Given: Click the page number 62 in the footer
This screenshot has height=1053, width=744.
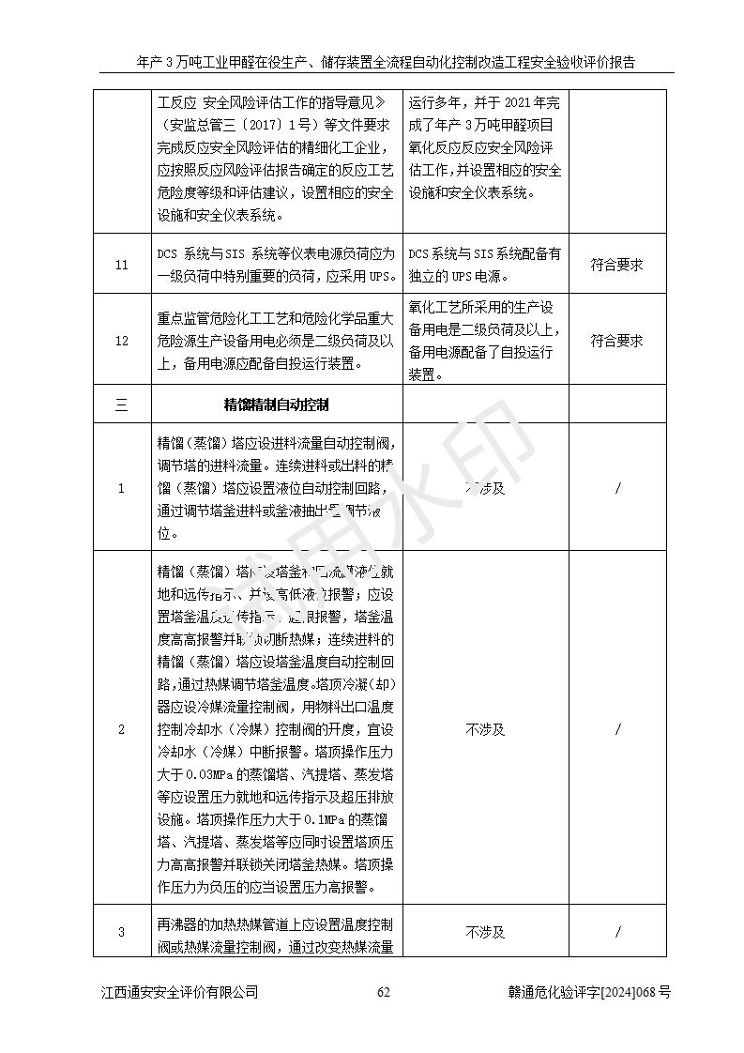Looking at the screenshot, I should pos(383,992).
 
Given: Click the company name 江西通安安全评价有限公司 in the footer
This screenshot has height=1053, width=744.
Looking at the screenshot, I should pos(179,992).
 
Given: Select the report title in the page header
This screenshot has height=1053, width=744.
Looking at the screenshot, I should pos(386,63).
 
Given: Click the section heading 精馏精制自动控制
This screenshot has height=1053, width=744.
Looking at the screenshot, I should pos(276,404).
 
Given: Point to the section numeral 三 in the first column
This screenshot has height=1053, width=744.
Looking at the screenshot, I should pos(121,405).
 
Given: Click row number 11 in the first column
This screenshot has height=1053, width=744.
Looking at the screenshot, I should pos(121,266).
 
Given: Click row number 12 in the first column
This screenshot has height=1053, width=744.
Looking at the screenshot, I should pos(121,341).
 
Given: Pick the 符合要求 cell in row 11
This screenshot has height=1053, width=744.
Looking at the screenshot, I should pos(616,266).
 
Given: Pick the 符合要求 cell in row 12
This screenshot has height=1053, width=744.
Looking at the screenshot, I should pos(616,341).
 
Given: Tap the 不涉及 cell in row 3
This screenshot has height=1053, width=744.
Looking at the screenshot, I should pos(485,932).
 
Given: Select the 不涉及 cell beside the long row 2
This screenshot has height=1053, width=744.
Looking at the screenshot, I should pos(485,729).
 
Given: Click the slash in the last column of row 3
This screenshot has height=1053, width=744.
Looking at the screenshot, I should pos(617,932).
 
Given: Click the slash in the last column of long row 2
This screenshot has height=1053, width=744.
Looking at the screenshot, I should pos(617,729).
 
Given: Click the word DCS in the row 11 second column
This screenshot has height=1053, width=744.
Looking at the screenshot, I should pos(169,254).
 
